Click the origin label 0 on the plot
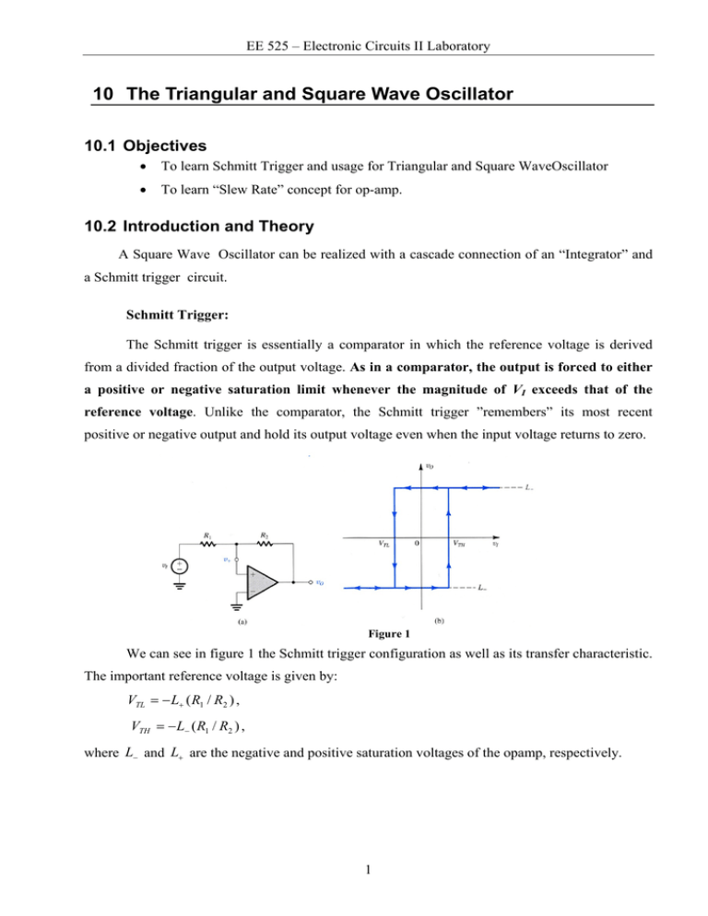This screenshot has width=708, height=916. tap(418, 545)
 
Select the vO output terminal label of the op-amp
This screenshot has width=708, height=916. tap(318, 582)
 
